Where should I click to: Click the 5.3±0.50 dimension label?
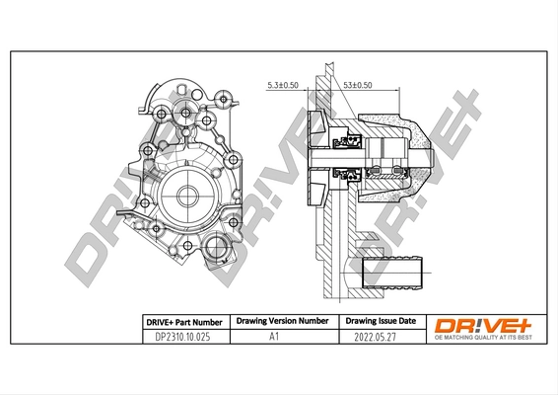pos(283,85)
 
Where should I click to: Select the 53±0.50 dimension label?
pos(359,85)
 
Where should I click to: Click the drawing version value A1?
pos(279,337)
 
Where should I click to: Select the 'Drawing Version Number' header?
pos(279,322)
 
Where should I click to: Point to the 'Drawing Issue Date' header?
pos(379,322)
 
